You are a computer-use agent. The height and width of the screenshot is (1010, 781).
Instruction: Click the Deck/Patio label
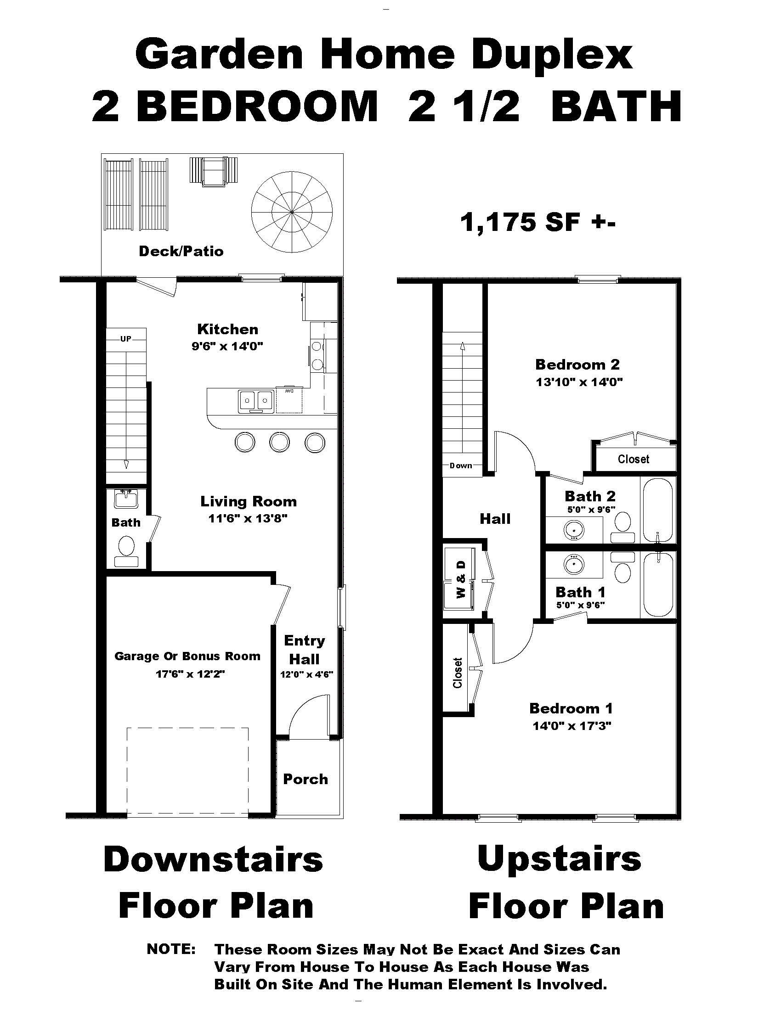tap(181, 251)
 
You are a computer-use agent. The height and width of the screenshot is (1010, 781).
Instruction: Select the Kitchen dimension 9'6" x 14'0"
tap(227, 346)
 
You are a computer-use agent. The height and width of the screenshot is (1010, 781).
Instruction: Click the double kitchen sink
tap(255, 401)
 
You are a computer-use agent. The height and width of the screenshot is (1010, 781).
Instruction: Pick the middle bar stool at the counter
tap(279, 442)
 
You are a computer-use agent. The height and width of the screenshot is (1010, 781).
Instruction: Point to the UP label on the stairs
tap(126, 338)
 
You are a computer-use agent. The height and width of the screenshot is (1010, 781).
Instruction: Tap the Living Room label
tap(249, 501)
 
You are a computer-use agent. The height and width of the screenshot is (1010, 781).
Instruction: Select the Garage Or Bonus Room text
tap(187, 656)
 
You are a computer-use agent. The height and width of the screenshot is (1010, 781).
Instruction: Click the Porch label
tap(306, 779)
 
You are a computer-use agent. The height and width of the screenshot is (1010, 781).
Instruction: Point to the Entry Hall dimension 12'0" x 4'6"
tap(306, 674)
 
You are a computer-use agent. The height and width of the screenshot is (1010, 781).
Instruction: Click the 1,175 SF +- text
tap(537, 223)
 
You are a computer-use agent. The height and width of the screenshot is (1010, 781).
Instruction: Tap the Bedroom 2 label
tap(577, 365)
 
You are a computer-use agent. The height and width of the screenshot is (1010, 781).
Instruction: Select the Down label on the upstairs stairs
tap(461, 466)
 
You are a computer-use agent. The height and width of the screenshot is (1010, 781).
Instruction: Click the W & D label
tap(461, 579)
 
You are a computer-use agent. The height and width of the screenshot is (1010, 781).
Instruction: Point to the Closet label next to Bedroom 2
tap(633, 459)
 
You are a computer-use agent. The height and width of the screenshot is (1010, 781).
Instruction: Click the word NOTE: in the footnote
tap(171, 949)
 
